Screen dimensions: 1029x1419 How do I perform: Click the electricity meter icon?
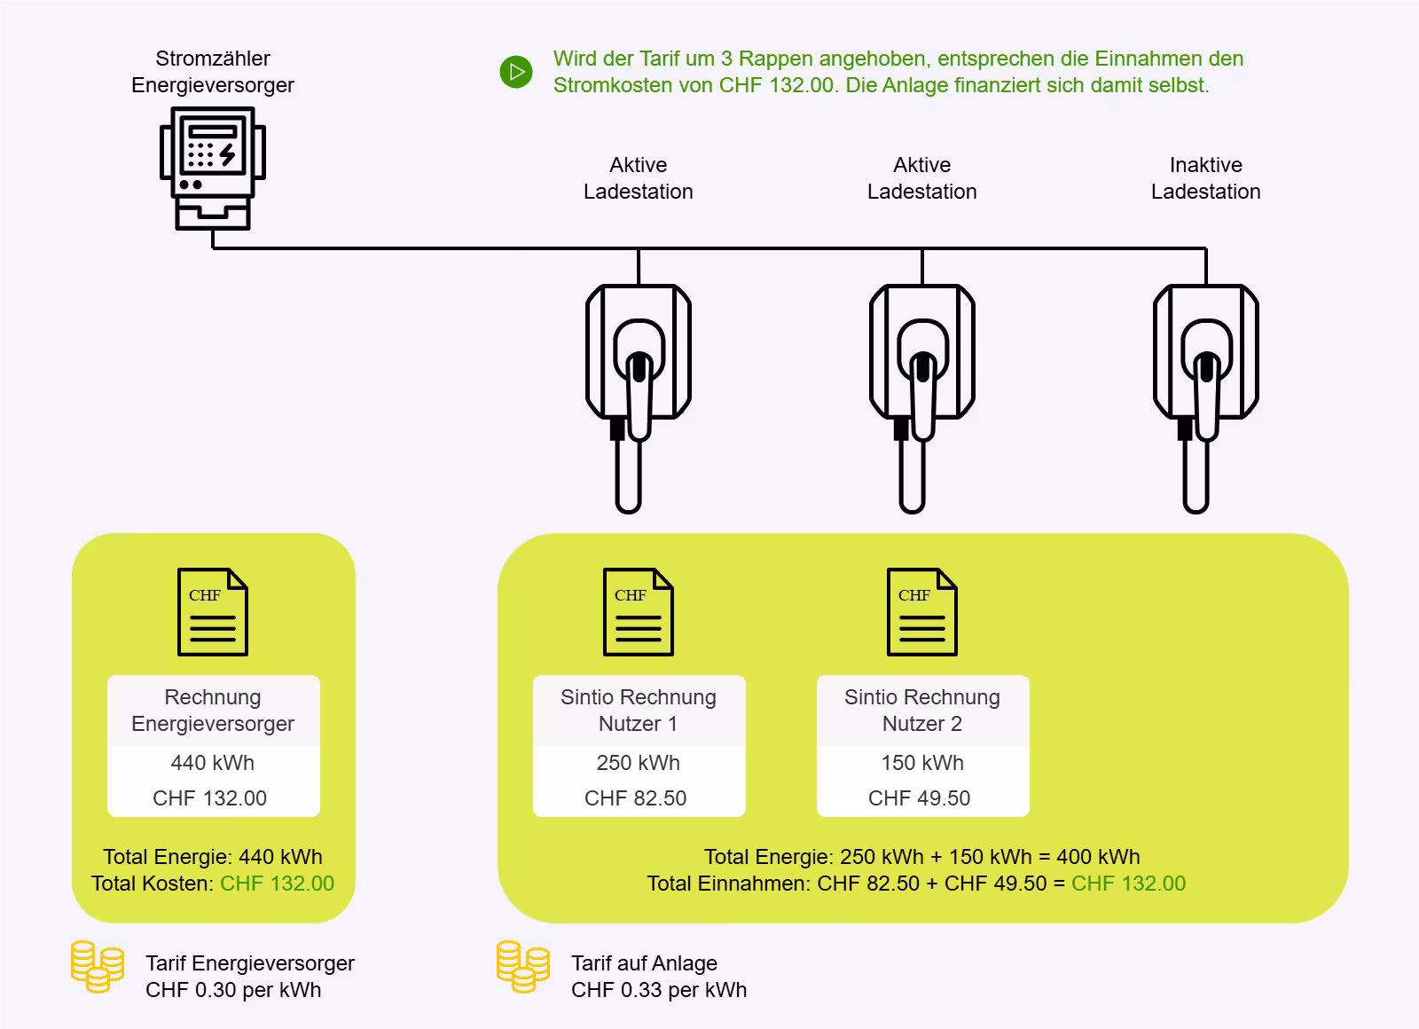coord(213,168)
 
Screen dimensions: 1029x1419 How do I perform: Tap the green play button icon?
coord(516,72)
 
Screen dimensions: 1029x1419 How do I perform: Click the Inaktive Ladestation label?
coord(1205,178)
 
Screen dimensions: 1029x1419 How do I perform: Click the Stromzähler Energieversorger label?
coord(213,72)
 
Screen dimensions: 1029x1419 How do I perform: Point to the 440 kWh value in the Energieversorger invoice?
coord(213,763)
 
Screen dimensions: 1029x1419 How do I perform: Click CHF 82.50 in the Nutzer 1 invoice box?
coord(636,798)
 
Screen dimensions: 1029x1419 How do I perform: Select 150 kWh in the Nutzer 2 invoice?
coord(922,763)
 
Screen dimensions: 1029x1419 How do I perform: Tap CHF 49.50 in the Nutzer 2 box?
coord(920,798)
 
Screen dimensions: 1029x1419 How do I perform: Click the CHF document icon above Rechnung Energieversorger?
coord(213,612)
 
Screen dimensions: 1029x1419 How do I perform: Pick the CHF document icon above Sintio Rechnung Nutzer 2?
coord(922,612)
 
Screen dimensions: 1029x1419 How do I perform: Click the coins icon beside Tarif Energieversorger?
coord(98,967)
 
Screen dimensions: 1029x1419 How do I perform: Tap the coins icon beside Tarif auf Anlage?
coord(523,967)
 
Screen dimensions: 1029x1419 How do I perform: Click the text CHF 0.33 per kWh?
coord(659,990)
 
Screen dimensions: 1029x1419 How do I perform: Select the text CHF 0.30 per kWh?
coord(233,990)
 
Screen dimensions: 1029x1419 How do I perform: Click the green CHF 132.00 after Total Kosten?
coord(277,884)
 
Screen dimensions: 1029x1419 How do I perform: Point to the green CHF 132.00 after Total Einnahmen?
coord(1128,884)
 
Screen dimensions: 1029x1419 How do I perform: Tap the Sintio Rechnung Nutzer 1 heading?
coord(639,711)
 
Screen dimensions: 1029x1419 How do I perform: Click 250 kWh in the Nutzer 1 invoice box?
coord(639,763)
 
